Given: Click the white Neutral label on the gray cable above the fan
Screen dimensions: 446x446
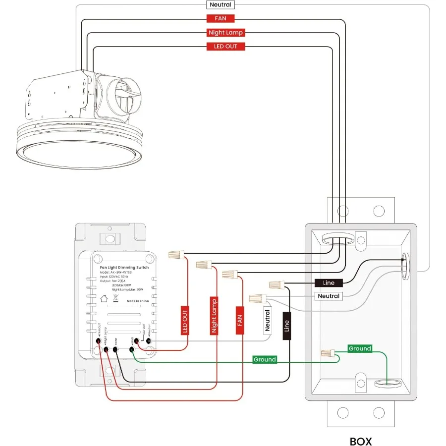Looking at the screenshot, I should point(220,5).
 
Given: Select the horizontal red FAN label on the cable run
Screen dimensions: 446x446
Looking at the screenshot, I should point(220,19).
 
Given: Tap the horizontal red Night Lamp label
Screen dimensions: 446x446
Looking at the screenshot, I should point(225,33).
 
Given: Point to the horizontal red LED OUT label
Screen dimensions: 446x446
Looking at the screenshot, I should point(225,47).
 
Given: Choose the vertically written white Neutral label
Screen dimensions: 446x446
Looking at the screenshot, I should point(268,320).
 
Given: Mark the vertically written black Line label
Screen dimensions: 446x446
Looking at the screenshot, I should point(286,326).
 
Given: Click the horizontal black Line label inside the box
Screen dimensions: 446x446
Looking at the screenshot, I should point(329,283).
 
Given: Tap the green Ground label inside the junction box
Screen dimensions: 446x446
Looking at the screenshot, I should point(359,349).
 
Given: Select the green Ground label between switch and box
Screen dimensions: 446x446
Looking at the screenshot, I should point(264,359).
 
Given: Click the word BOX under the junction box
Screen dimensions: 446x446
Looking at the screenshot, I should point(360,441).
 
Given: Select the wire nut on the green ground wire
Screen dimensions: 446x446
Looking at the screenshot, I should point(327,354).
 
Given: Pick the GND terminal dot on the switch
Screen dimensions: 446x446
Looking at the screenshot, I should point(132,350).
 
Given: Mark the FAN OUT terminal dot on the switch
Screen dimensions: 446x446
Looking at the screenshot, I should point(99,349).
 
